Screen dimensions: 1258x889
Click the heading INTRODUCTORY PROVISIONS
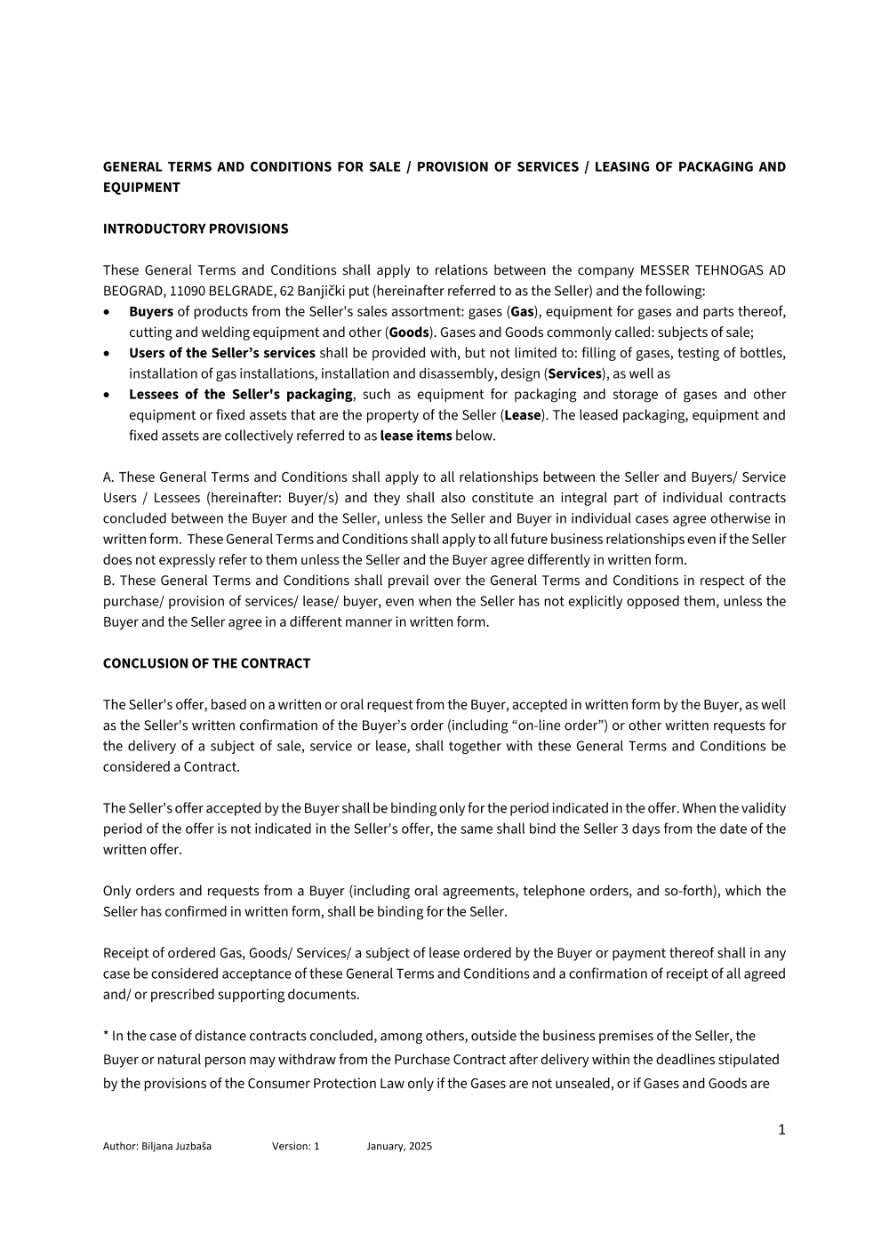point(196,228)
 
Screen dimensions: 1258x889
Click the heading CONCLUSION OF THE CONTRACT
point(206,663)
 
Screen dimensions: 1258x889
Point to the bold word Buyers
point(151,311)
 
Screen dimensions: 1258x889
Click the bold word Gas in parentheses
point(522,311)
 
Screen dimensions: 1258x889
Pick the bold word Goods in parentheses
point(409,333)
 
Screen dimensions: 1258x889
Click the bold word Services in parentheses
point(575,373)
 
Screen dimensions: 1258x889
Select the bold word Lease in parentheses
point(523,415)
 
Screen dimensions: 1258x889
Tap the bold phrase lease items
point(416,436)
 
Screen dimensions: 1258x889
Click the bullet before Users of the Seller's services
point(108,353)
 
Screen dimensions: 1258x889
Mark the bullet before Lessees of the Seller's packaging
point(108,395)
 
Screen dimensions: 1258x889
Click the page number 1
point(781,1130)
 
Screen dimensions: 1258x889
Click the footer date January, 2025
point(399,1146)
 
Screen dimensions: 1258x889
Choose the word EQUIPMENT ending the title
point(141,188)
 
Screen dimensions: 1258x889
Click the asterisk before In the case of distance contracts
point(106,1035)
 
